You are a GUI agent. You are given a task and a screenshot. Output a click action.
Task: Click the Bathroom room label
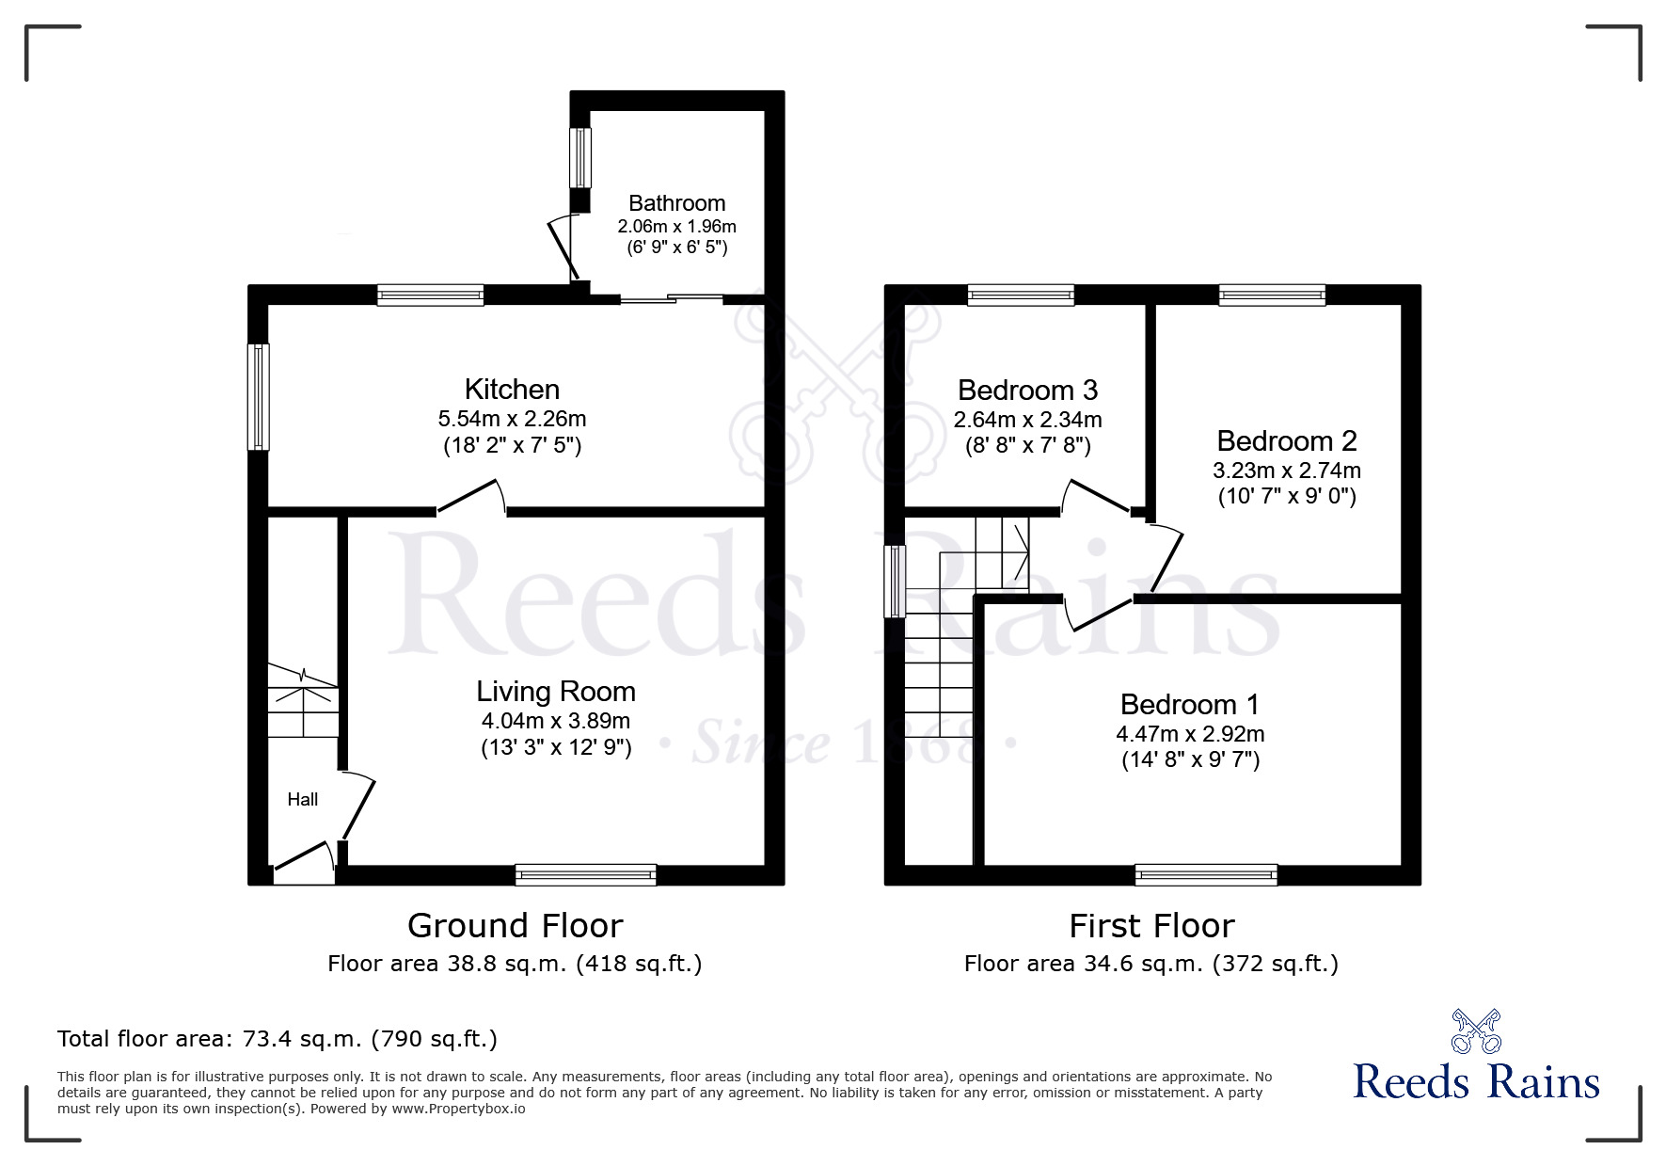[x=676, y=203]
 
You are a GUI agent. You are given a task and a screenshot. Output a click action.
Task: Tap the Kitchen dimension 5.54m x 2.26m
[x=512, y=419]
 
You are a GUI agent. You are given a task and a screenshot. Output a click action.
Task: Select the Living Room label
[x=556, y=692]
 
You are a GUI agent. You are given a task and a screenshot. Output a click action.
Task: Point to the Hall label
[x=303, y=800]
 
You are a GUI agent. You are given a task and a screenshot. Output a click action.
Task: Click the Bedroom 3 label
[x=1027, y=391]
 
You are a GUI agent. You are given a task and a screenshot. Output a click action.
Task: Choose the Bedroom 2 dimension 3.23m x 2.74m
[x=1287, y=470]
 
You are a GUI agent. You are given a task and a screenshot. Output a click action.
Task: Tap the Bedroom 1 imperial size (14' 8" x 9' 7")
[x=1190, y=759]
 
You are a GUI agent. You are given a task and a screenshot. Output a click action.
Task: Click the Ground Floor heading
[x=515, y=926]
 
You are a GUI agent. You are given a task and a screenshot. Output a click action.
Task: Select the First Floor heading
[x=1151, y=926]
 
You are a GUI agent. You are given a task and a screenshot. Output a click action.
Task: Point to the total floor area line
[x=278, y=1039]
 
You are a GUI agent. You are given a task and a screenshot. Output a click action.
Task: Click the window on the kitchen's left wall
[x=258, y=396]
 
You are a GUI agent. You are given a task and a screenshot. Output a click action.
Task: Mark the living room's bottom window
[x=585, y=875]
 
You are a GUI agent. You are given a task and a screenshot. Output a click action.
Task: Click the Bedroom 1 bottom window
[x=1206, y=875]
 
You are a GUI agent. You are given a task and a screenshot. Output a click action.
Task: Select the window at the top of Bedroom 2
[x=1272, y=295]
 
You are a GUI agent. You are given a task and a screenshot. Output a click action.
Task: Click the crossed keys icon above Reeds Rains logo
[x=1476, y=1031]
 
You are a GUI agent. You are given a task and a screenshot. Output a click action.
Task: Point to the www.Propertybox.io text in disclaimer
[x=458, y=1109]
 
